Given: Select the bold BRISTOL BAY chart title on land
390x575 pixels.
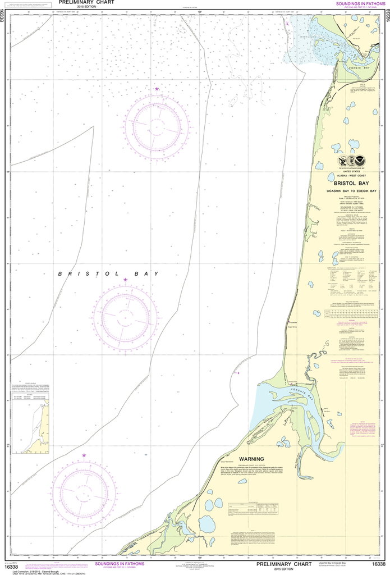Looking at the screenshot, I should (353, 183).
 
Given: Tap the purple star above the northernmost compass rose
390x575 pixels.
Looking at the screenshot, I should (157, 89).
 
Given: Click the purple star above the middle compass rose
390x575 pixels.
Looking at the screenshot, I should (125, 280).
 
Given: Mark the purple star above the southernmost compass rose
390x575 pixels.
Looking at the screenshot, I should (84, 455).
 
